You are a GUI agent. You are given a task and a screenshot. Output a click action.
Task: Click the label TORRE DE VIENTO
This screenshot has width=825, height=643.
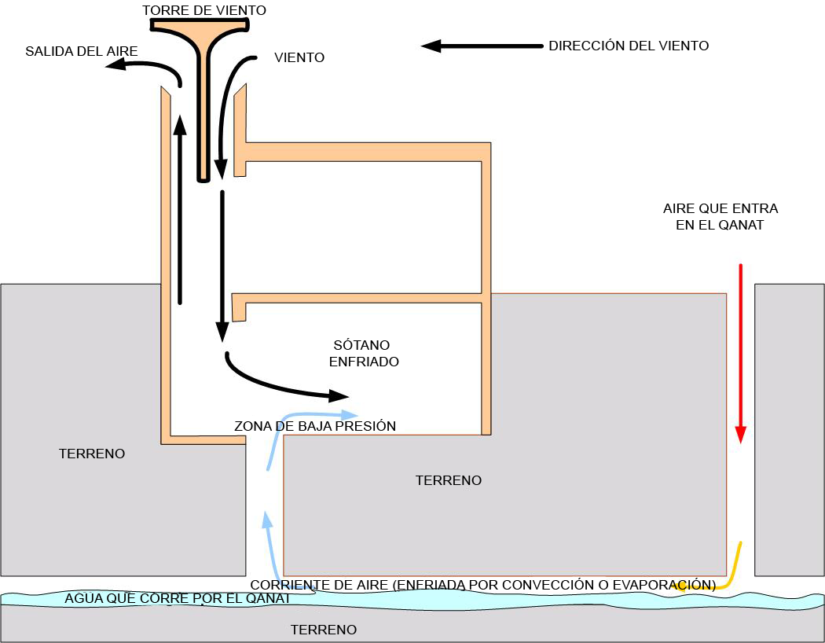204,10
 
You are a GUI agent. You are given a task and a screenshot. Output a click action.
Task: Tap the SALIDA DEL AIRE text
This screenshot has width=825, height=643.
82,51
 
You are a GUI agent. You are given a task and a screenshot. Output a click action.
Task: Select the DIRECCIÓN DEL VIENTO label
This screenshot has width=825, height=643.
629,46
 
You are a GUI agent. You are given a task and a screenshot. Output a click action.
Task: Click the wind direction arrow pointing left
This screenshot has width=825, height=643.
482,46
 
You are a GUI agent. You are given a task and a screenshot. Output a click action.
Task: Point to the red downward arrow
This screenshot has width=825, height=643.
741,353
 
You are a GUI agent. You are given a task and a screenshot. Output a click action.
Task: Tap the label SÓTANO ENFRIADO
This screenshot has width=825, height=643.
364,353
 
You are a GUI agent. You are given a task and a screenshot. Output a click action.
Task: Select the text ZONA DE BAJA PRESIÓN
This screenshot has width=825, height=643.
315,426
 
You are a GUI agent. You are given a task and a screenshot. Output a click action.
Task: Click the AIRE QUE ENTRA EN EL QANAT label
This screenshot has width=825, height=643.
720,216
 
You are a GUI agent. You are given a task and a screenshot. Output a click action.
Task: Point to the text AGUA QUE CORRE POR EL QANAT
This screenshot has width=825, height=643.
178,598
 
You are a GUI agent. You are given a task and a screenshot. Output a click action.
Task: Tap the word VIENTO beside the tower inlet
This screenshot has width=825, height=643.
299,57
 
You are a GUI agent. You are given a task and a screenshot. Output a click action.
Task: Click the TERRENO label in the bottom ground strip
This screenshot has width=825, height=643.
324,630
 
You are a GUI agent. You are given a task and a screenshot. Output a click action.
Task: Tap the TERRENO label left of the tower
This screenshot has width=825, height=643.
92,454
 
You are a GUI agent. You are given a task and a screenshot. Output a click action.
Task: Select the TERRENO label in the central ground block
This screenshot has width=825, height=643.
449,479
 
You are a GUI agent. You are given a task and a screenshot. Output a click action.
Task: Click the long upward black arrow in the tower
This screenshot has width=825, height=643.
180,210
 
